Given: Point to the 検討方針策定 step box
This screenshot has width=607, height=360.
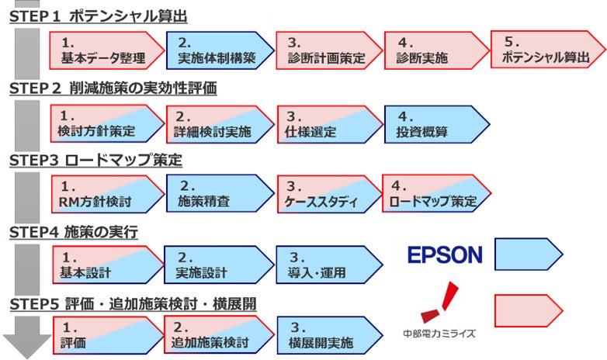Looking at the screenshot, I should [x=106, y=124].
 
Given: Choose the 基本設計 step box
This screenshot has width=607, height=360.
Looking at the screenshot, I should [x=106, y=265].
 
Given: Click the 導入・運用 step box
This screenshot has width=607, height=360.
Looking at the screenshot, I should [x=327, y=265].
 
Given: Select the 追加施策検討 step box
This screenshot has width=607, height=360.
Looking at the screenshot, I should [x=217, y=335].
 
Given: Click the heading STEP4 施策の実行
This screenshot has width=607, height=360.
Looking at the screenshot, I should [x=73, y=231].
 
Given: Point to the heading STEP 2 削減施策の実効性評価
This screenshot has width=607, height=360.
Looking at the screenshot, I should [x=113, y=88].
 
